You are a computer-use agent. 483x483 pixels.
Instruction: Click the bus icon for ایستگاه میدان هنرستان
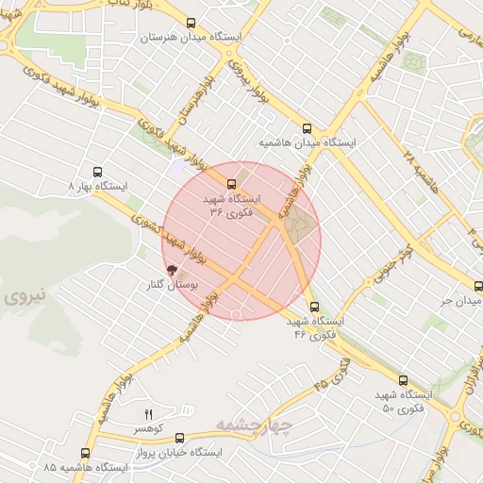192,24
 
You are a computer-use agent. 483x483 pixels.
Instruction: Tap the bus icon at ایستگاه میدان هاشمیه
306,129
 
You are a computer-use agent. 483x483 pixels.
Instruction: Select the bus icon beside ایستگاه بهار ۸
97,173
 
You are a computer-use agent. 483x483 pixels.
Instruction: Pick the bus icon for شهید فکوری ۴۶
314,307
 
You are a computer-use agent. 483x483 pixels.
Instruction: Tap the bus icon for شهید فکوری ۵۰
403,379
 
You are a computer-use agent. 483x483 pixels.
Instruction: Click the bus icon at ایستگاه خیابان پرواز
179,438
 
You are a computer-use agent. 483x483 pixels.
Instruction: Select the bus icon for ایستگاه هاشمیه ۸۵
86,453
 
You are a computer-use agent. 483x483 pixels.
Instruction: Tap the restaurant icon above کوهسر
148,414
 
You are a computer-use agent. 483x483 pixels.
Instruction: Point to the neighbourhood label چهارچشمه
255,425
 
